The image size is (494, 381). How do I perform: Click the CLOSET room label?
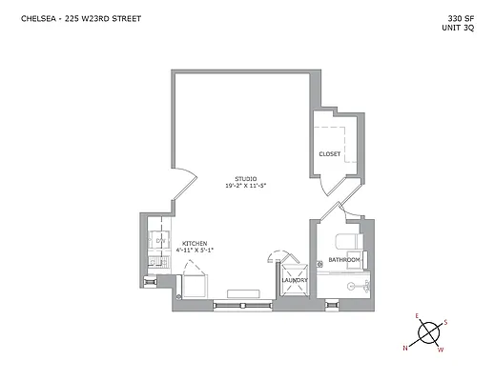(x=329, y=154)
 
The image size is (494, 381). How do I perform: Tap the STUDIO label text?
(x=247, y=178)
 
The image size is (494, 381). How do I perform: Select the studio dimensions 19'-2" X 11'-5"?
(x=247, y=185)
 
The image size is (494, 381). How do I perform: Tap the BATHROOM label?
(x=343, y=260)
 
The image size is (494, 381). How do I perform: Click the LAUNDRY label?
(x=294, y=280)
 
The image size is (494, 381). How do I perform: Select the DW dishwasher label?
(x=159, y=240)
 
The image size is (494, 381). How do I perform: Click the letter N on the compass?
(x=405, y=348)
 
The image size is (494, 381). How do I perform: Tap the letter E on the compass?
(x=416, y=315)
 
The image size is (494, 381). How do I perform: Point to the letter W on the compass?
(x=440, y=351)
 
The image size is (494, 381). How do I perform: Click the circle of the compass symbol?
(x=427, y=333)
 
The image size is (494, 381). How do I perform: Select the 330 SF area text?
(x=461, y=18)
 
